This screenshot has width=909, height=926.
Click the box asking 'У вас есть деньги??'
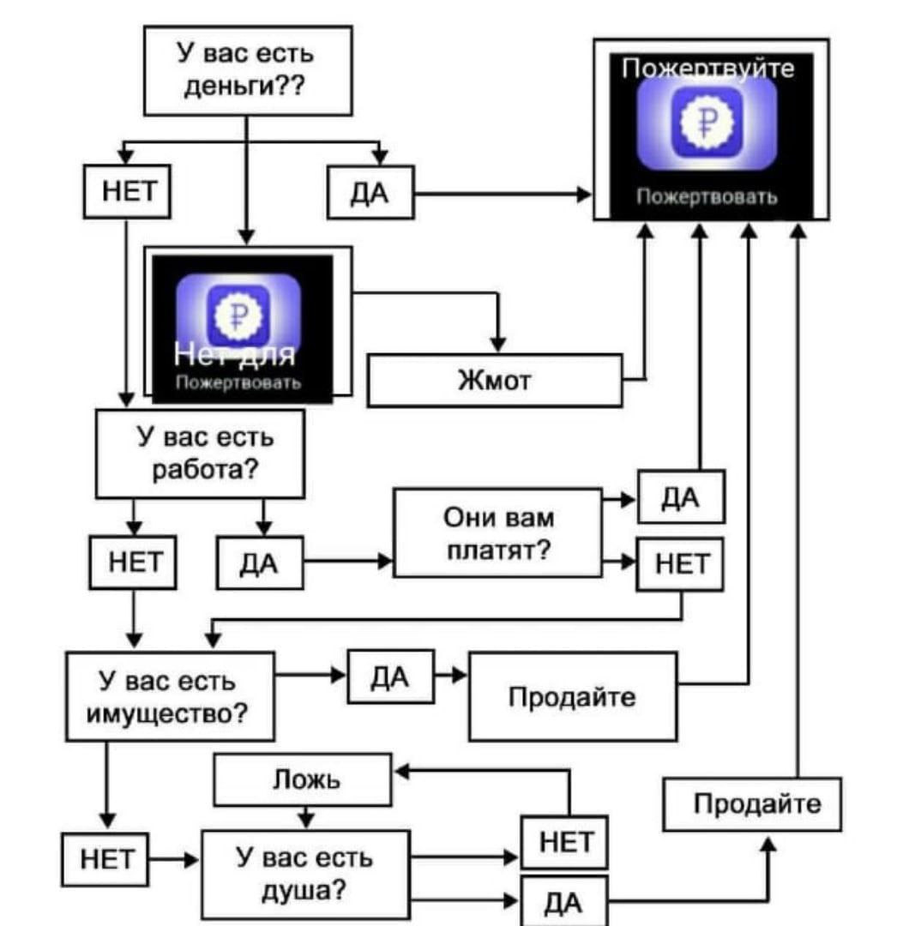pyautogui.click(x=247, y=70)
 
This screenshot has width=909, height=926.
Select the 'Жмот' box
pyautogui.click(x=495, y=380)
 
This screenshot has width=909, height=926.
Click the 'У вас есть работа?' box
pyautogui.click(x=199, y=454)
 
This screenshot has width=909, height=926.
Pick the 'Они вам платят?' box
pyautogui.click(x=497, y=532)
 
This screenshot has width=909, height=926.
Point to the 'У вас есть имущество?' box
pyautogui.click(x=171, y=695)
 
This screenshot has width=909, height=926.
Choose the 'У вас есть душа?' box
pyautogui.click(x=305, y=874)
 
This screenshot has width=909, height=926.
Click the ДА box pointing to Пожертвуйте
pyautogui.click(x=371, y=192)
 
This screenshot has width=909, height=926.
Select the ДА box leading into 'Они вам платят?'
pyautogui.click(x=260, y=562)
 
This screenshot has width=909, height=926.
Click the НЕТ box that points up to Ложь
pyautogui.click(x=565, y=842)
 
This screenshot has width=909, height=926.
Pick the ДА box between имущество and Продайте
pyautogui.click(x=390, y=676)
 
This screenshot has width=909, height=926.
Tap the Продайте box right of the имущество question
pyautogui.click(x=572, y=696)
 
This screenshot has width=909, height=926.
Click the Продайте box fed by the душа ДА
pyautogui.click(x=752, y=803)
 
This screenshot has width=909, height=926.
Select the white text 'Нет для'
pyautogui.click(x=234, y=352)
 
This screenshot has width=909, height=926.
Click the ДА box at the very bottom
pyautogui.click(x=563, y=901)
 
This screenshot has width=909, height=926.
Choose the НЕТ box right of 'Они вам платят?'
pyautogui.click(x=680, y=564)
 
